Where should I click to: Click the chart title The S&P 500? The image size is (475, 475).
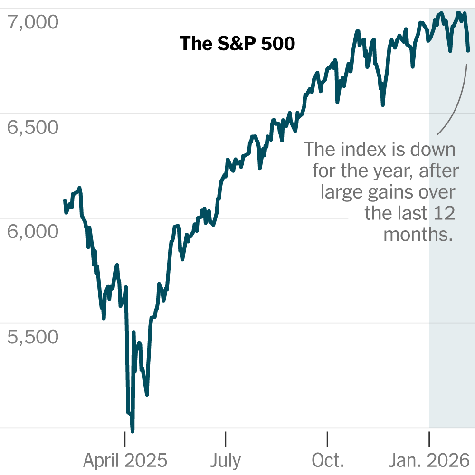[237, 44]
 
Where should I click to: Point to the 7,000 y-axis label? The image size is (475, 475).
[33, 22]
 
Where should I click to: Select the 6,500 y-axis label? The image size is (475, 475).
[33, 127]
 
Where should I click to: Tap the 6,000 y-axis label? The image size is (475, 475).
[33, 232]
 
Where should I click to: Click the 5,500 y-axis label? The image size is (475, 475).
[33, 337]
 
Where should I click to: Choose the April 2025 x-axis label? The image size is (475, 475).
[125, 460]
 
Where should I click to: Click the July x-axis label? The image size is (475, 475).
[226, 460]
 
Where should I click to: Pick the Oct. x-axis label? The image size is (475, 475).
[328, 460]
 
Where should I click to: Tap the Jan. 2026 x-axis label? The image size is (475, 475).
[429, 460]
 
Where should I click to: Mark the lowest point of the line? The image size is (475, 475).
[133, 431]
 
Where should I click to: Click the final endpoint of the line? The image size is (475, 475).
[468, 50]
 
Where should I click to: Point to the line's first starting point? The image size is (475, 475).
[65, 200]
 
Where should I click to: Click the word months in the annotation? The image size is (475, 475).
[418, 235]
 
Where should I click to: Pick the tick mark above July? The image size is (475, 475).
[225, 439]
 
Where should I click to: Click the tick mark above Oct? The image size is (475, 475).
[327, 439]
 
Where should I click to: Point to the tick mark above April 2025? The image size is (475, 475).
[125, 439]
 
